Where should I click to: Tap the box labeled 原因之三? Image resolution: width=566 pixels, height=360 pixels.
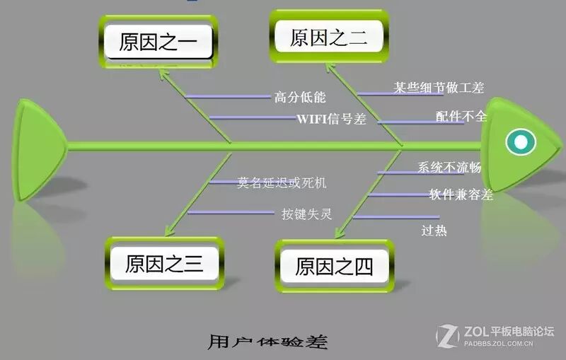point(164,265)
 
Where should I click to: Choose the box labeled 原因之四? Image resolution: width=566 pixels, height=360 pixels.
point(333,267)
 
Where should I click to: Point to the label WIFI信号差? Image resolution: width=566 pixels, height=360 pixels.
point(331,119)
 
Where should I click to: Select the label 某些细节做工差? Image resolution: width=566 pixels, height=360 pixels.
point(439,88)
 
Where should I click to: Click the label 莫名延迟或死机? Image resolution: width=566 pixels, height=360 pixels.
point(282,182)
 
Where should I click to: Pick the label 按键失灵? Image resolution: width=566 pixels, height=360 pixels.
point(306,212)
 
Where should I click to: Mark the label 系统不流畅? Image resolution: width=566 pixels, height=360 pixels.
point(449,168)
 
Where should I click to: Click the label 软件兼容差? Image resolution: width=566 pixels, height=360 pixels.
point(461,194)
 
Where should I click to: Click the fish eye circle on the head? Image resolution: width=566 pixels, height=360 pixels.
point(521,142)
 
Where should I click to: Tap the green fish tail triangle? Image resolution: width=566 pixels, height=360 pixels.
point(39,146)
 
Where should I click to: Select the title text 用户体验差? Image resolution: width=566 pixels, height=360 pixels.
point(268,342)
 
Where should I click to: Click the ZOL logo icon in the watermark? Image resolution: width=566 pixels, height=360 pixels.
point(448,336)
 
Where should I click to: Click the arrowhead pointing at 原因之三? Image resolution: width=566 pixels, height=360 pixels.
point(168,231)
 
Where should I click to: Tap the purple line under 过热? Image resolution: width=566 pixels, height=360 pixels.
point(396,217)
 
